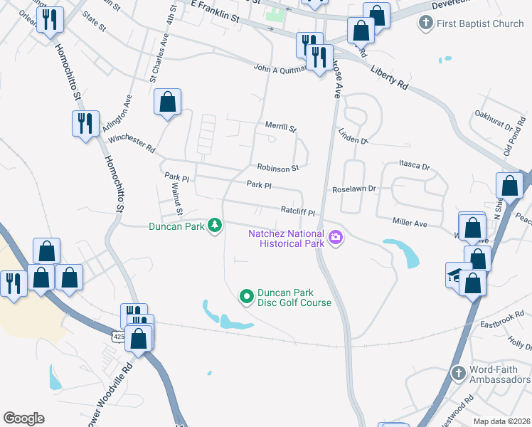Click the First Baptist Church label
pos(481,23)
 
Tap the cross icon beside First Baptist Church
pos(425,23)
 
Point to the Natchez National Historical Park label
pos(286,238)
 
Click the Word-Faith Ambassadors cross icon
pos(459,372)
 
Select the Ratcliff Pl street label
pos(297,212)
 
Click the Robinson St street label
pos(279,169)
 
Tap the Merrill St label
pos(280,127)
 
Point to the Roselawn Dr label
pos(353,190)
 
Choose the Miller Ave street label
pos(409,223)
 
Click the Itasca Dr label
pos(415,166)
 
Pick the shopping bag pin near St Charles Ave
pos(167,102)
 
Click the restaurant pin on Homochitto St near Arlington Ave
pos(85,123)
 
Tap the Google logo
pos(23,418)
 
